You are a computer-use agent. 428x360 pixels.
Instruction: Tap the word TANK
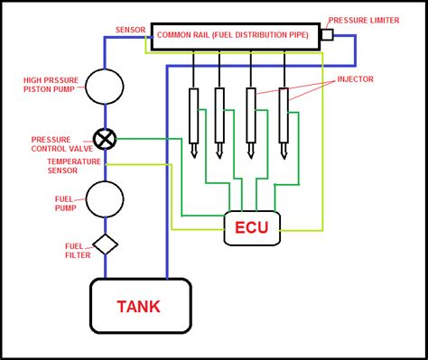click(139, 307)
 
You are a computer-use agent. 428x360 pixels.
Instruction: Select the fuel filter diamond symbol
click(106, 245)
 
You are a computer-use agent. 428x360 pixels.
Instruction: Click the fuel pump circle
click(105, 199)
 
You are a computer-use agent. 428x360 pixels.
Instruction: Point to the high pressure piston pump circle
click(105, 87)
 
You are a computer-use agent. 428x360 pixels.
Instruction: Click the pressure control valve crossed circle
click(105, 139)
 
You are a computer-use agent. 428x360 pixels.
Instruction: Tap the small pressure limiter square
click(328, 34)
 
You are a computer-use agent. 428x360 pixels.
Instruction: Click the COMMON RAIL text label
click(233, 35)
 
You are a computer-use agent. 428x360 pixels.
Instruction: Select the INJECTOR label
click(355, 79)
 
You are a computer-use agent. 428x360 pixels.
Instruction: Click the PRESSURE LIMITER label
click(364, 21)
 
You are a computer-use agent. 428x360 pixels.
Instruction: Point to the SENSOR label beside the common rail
click(131, 30)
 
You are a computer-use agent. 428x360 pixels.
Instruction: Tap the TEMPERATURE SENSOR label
click(74, 166)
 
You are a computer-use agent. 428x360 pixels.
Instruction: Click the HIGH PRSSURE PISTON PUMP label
click(51, 85)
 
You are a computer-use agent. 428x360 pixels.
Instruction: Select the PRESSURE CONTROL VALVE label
click(62, 144)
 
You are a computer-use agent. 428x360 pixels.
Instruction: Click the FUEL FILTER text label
click(78, 251)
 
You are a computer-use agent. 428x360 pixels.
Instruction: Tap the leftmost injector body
click(193, 115)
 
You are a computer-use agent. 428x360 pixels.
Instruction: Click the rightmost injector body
click(284, 115)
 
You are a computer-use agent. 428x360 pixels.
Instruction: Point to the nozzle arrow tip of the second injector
click(219, 158)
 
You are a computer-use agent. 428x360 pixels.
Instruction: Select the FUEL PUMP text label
click(65, 204)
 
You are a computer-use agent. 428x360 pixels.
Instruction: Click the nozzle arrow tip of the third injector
click(251, 158)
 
